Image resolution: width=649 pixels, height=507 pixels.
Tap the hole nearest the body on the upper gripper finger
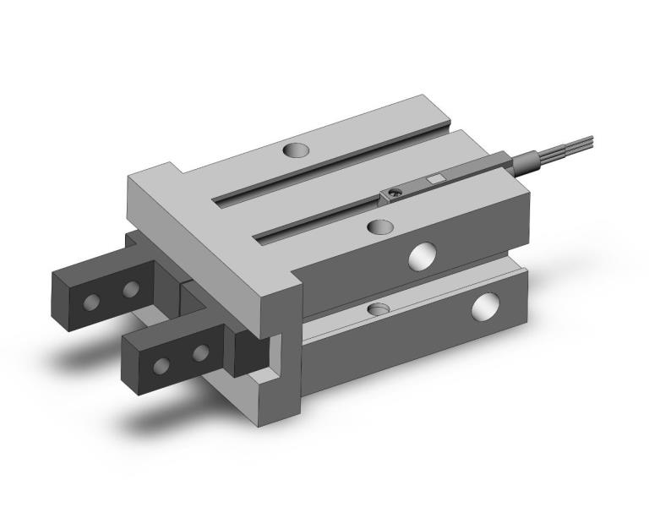[130, 291]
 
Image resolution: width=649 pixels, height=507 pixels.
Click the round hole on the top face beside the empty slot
[296, 150]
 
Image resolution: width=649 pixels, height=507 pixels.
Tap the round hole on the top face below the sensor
[381, 226]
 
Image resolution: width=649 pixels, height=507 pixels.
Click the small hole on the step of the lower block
[380, 308]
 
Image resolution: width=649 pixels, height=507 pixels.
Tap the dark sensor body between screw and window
[414, 188]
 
